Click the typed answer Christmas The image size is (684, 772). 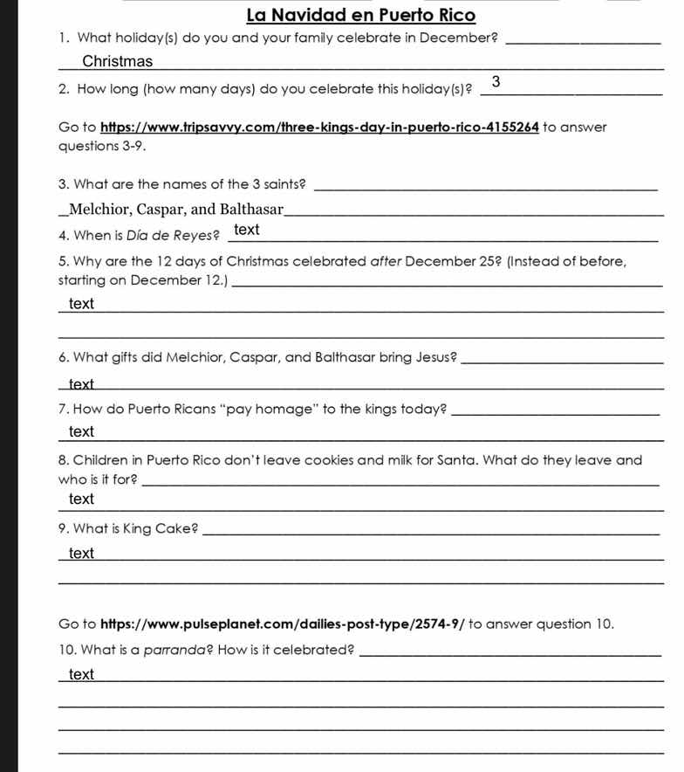118,61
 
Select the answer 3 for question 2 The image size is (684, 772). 496,83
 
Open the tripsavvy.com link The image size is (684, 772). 318,128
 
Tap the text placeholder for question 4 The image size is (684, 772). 247,230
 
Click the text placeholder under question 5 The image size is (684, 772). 81,303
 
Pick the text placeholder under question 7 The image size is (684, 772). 81,431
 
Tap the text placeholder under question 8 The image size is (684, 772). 81,499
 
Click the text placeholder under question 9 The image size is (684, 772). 81,554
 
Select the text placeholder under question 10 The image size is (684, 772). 81,674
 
